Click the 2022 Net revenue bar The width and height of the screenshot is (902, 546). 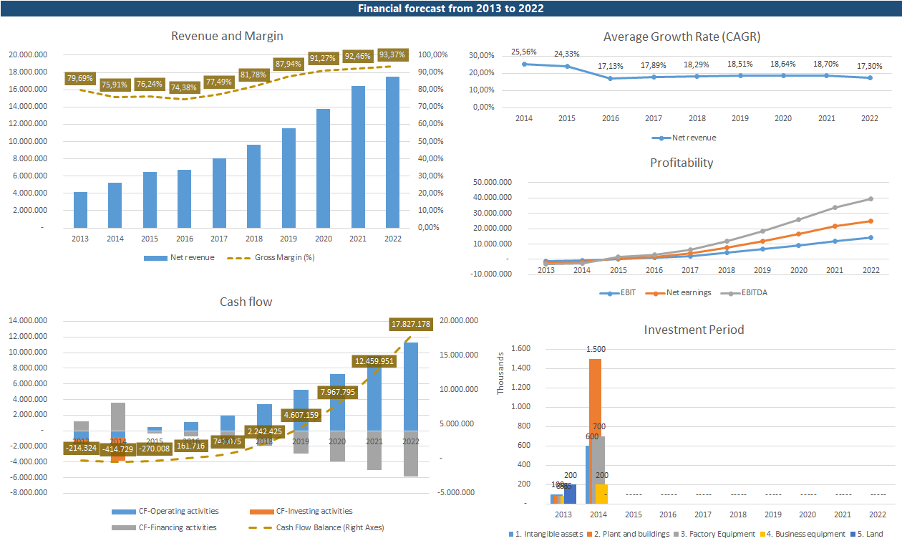[392, 152]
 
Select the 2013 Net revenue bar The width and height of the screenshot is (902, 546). [80, 209]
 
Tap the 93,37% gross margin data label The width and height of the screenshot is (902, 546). [392, 54]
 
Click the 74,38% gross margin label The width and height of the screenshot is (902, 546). [185, 87]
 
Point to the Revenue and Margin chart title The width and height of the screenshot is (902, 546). [227, 36]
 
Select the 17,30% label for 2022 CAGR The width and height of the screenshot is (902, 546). [871, 65]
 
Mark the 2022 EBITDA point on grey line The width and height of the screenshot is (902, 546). [871, 198]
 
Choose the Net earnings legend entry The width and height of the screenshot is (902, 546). [685, 292]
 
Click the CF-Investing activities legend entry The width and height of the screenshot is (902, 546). [314, 511]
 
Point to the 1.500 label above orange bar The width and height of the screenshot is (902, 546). [596, 349]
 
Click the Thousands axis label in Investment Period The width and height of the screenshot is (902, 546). [500, 373]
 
